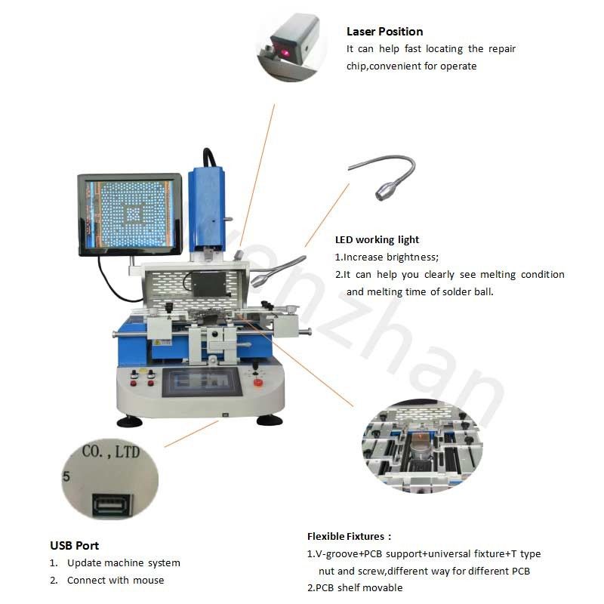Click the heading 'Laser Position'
[x=384, y=32]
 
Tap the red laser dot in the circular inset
[x=288, y=55]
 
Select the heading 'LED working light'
[x=377, y=240]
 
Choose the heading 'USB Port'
[x=74, y=545]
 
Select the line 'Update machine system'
[x=123, y=562]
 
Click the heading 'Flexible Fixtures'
[x=348, y=536]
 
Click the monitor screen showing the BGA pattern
[x=129, y=214]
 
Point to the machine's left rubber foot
[x=126, y=421]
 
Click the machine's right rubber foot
[x=270, y=420]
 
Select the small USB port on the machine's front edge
[x=224, y=414]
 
